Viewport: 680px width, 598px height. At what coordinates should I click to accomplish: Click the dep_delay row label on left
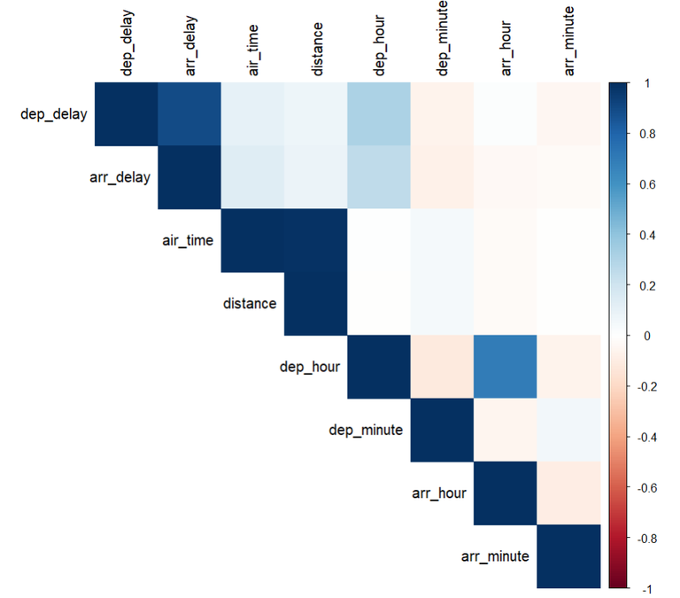coord(52,114)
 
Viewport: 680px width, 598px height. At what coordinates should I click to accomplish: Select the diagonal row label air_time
coord(187,240)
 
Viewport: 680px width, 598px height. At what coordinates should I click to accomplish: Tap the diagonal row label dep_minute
coord(365,430)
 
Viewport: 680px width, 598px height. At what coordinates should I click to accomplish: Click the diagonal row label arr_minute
coord(496,556)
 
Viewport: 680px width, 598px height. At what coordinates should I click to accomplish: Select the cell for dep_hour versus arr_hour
coord(505,367)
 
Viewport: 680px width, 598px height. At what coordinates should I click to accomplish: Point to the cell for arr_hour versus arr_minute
coord(568,493)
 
